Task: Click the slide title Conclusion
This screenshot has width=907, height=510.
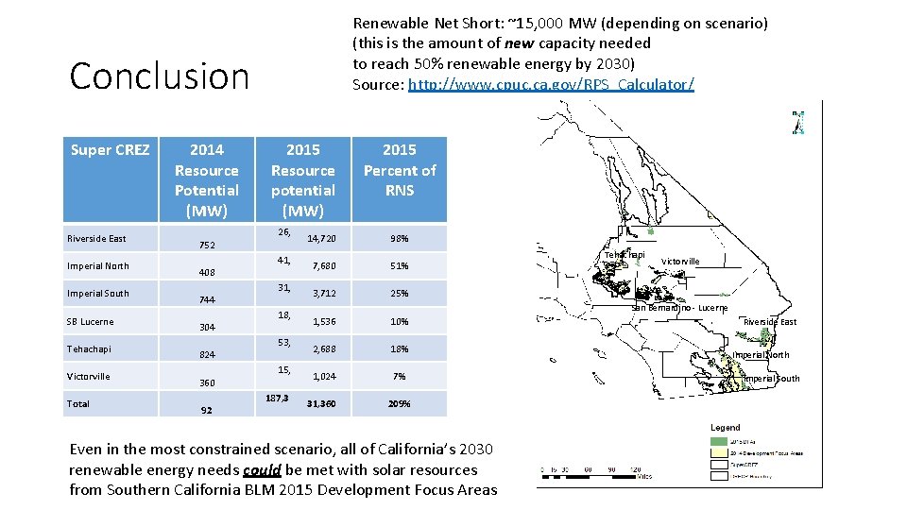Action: [x=159, y=76]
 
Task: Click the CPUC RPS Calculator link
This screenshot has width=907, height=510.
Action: [x=551, y=85]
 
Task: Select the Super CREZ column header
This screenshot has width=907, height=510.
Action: [x=111, y=149]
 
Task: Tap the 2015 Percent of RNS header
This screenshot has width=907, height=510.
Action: [x=399, y=170]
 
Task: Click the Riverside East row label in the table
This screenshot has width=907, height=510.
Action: [x=96, y=238]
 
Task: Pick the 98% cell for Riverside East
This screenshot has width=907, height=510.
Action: [x=399, y=238]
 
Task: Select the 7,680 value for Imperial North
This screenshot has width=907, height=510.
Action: [x=324, y=265]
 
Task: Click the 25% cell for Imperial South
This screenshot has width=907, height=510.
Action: [x=399, y=293]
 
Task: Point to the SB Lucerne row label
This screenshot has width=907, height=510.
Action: [x=90, y=321]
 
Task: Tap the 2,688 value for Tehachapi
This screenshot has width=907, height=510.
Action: [x=324, y=348]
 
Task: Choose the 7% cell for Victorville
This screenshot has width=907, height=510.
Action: [x=399, y=376]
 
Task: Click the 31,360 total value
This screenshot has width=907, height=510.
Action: [x=321, y=403]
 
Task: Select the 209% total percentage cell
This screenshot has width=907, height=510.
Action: [x=399, y=403]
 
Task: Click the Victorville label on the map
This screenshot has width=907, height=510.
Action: [x=680, y=262]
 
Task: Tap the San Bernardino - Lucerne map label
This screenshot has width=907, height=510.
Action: [x=679, y=308]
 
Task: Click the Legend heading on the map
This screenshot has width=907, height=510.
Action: [x=726, y=428]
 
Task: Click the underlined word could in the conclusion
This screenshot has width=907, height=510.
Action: [x=260, y=469]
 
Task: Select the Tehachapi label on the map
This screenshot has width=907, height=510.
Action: [x=625, y=255]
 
